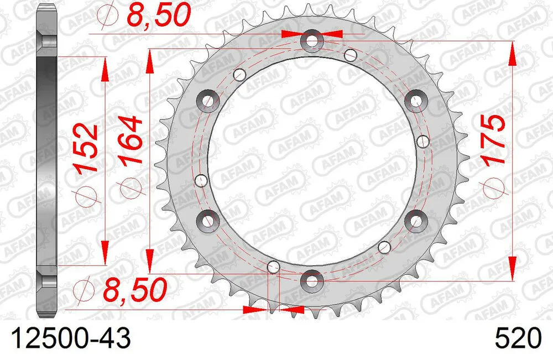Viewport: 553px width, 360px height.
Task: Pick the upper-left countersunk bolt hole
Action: (x=208, y=100)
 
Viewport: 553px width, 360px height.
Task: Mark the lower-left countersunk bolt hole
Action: (x=208, y=221)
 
